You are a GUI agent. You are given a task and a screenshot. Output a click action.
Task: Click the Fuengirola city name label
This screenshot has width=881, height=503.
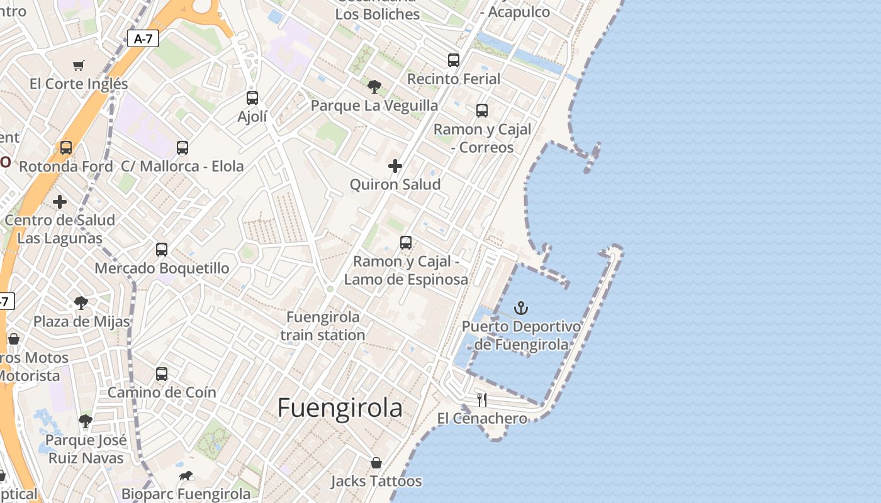pyautogui.click(x=340, y=408)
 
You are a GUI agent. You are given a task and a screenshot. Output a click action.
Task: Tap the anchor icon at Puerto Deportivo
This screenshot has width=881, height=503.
pyautogui.click(x=520, y=308)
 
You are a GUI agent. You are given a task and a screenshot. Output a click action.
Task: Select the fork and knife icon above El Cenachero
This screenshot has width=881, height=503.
pyautogui.click(x=482, y=399)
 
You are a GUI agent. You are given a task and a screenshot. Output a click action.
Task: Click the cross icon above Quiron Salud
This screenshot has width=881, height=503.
pyautogui.click(x=395, y=166)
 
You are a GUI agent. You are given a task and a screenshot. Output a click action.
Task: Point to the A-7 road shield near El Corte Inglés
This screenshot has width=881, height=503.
pyautogui.click(x=143, y=38)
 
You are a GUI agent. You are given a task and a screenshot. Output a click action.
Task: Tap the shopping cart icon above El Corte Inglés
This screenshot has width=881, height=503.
pyautogui.click(x=79, y=65)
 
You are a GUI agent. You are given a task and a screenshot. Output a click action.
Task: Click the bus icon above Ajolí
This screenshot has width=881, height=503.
pyautogui.click(x=252, y=98)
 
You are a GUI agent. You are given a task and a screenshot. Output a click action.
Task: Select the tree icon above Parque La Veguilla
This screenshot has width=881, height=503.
pyautogui.click(x=374, y=87)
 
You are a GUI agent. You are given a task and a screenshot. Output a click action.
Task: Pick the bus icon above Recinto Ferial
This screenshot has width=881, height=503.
pyautogui.click(x=454, y=60)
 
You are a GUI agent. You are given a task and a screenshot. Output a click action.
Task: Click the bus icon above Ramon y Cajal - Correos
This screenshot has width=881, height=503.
pyautogui.click(x=482, y=111)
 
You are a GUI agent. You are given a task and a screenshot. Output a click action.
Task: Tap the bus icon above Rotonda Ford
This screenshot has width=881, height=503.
pyautogui.click(x=66, y=148)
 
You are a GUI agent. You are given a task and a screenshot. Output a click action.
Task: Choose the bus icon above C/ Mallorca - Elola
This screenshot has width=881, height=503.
pyautogui.click(x=182, y=148)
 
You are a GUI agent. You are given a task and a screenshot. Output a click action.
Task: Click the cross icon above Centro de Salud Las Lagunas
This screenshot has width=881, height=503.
pyautogui.click(x=60, y=202)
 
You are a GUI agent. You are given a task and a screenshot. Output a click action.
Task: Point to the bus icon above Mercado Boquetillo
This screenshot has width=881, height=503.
pyautogui.click(x=162, y=250)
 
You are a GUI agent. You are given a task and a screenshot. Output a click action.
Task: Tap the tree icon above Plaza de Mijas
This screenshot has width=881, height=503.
pyautogui.click(x=81, y=303)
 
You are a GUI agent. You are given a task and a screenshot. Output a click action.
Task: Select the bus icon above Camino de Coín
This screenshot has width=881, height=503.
pyautogui.click(x=162, y=374)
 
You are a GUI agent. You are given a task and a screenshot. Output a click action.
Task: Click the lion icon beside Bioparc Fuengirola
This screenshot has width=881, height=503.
pyautogui.click(x=186, y=476)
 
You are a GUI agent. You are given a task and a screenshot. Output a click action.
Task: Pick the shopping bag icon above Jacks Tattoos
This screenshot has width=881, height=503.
pyautogui.click(x=376, y=463)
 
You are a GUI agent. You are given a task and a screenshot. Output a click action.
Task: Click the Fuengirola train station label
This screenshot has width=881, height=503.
pyautogui.click(x=323, y=326)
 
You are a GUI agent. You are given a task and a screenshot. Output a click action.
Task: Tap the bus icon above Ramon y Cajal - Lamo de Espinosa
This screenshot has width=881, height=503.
pyautogui.click(x=406, y=243)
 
